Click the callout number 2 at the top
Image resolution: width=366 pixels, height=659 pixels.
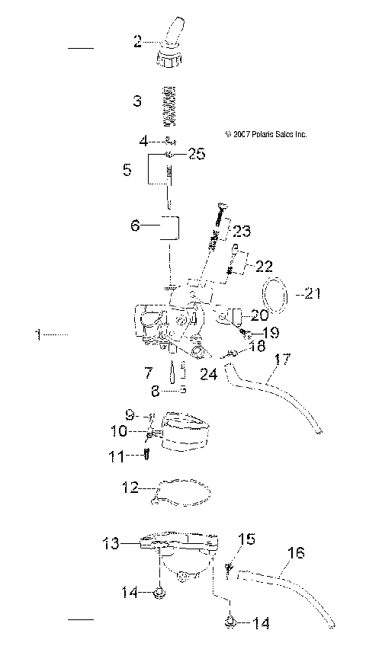(x=138, y=42)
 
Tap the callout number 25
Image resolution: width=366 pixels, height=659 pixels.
(x=196, y=155)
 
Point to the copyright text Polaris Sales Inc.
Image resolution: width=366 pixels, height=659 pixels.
(x=266, y=134)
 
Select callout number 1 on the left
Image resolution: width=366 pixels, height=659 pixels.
(x=38, y=334)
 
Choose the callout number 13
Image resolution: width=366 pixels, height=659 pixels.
(x=111, y=543)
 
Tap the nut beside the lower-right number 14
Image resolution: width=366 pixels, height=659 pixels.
(x=230, y=624)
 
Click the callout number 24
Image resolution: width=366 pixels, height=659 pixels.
(x=208, y=373)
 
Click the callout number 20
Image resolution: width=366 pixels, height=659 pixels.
(x=260, y=315)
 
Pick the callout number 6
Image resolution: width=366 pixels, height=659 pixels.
(x=135, y=226)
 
